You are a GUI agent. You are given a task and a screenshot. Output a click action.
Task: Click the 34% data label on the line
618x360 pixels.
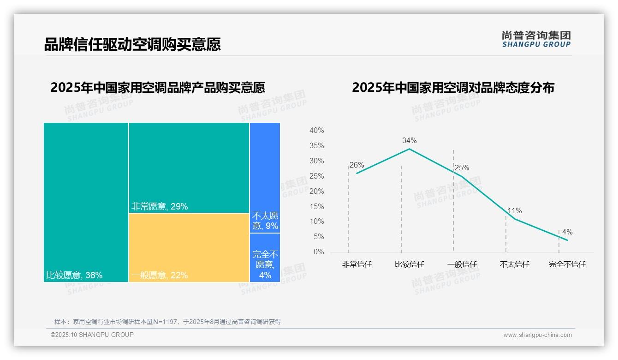[409, 140]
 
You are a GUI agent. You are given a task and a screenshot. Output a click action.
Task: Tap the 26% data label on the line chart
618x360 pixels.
[357, 165]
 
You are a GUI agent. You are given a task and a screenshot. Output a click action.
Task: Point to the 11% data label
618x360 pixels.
[515, 211]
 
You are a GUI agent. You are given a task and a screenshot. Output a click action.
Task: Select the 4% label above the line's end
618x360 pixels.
[567, 232]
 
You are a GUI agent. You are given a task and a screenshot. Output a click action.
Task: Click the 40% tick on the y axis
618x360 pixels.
[316, 131]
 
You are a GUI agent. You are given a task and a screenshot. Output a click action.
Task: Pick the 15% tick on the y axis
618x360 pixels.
[316, 206]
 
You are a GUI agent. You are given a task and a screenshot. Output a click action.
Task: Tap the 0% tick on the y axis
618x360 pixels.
[319, 252]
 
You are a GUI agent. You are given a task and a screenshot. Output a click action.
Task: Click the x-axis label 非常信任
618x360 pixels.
[357, 264]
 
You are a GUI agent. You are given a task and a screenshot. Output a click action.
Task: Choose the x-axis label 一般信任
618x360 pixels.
[462, 264]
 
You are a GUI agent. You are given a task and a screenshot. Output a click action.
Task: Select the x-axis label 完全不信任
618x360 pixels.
[567, 264]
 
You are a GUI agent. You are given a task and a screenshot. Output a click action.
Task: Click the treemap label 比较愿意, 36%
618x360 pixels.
[74, 276]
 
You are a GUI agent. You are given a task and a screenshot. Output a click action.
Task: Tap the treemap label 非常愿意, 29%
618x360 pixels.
[160, 207]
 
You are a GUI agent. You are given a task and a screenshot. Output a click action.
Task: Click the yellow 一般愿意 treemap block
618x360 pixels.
[189, 245]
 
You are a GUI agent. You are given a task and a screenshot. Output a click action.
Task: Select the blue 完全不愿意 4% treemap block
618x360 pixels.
[265, 258]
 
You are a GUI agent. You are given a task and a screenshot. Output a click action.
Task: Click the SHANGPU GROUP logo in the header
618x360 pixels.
[536, 39]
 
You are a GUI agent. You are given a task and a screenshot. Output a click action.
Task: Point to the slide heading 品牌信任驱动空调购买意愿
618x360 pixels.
[132, 44]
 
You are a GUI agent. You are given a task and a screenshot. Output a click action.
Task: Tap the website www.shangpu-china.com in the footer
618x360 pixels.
[537, 335]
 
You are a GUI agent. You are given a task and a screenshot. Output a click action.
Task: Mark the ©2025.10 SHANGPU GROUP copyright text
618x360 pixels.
[92, 335]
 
